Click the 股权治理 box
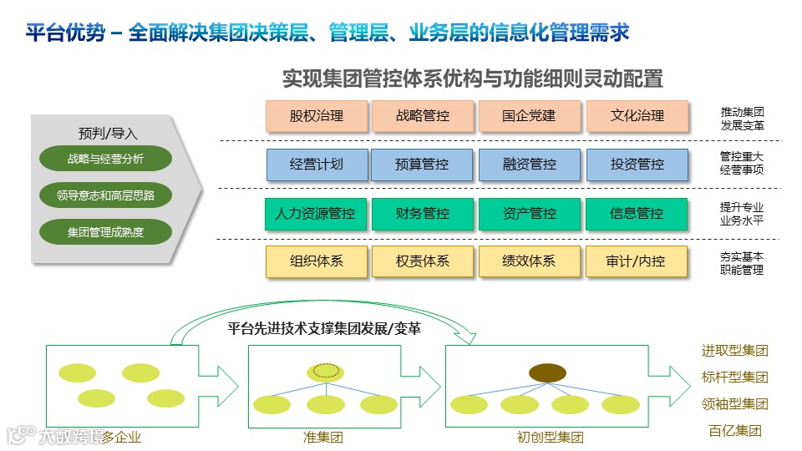point(317,116)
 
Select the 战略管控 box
point(423,116)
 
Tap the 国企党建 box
point(529,116)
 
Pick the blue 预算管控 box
point(423,165)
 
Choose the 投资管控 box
point(637,165)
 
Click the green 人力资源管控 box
point(315,214)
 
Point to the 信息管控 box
point(637,214)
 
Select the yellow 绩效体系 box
point(529,261)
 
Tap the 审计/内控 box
point(637,261)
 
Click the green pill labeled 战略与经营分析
point(105,159)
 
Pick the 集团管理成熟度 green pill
point(105,231)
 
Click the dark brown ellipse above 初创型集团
point(548,372)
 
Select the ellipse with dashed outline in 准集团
point(326,371)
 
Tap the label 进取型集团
point(734,351)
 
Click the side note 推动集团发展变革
point(742,119)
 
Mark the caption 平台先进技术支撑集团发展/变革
point(324,328)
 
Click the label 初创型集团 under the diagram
point(550,437)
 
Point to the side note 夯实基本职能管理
point(742,263)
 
